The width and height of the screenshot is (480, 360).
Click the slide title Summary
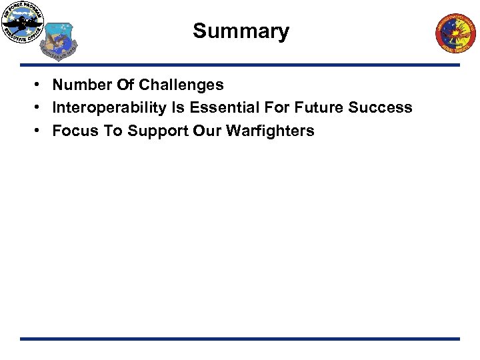click(241, 31)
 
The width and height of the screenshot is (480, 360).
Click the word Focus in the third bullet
click(73, 131)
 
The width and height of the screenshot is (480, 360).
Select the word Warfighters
click(270, 131)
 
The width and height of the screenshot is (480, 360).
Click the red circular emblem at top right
click(456, 33)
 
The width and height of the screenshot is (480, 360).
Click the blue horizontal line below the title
click(240, 65)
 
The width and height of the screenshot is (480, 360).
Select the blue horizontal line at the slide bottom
click(240, 339)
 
